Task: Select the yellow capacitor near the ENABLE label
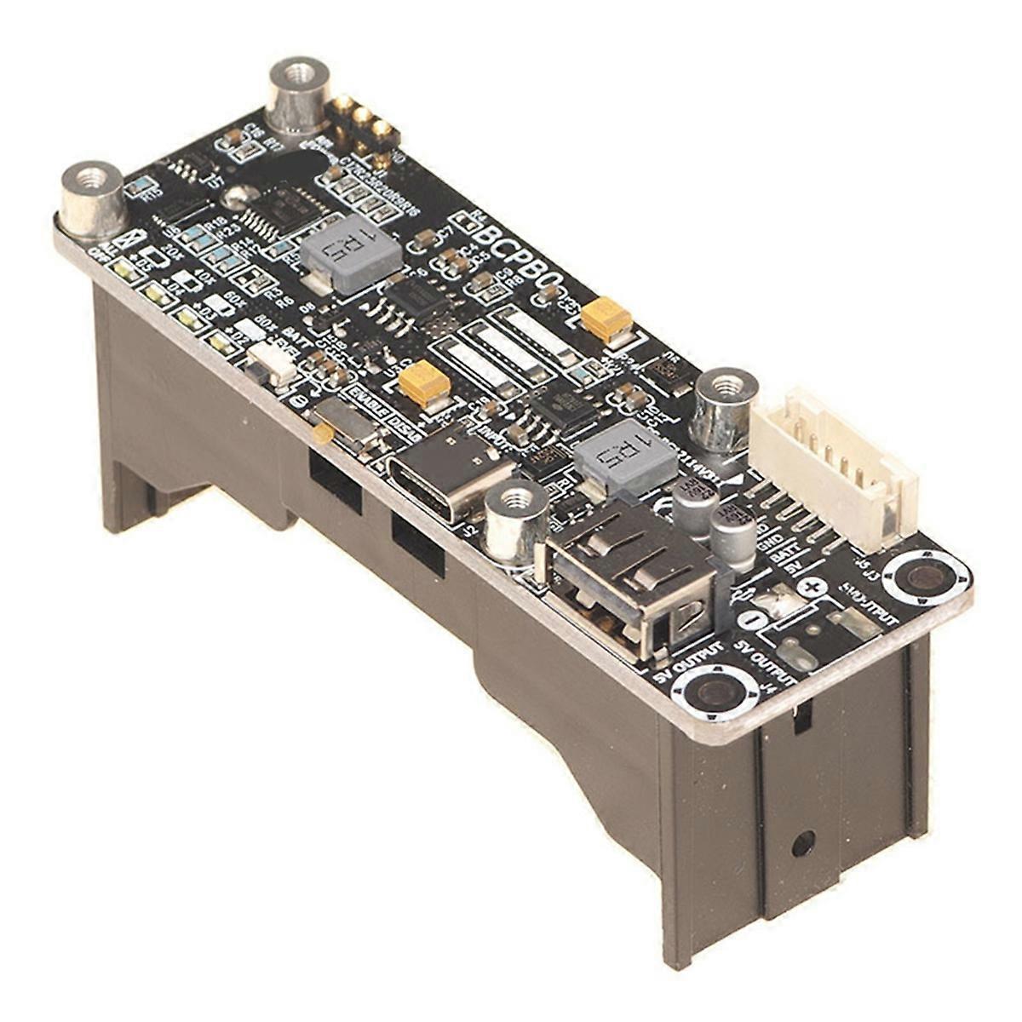[423, 382]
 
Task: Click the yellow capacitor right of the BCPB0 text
[608, 319]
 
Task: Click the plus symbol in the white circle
[814, 587]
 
